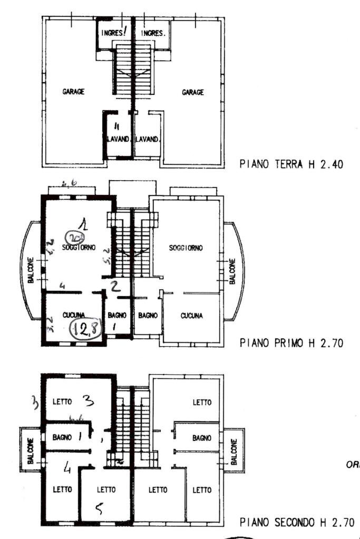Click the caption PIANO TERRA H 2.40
tap(291, 164)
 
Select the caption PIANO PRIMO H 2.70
tap(291, 343)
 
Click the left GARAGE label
tap(74, 91)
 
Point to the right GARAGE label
tap(193, 92)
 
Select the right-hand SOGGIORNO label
tap(187, 248)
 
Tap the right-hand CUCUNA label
tap(192, 316)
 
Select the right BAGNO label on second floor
tap(202, 438)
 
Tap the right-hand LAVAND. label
tap(148, 140)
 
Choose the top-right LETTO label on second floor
tap(202, 403)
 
